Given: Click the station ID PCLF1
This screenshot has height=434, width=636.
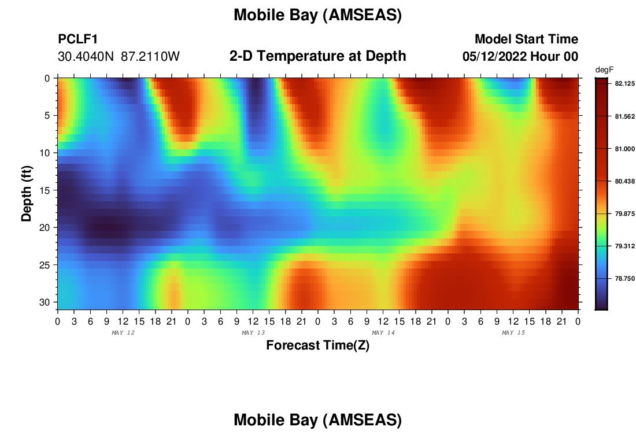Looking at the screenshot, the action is pos(78,39).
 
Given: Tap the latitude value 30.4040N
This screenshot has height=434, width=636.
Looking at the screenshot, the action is pos(86,56).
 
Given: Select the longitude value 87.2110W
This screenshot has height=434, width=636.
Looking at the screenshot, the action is pos(150,56).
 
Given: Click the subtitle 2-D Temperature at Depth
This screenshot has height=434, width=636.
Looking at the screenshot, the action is pos(317,56).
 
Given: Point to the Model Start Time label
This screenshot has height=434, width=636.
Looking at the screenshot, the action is pos(527,39).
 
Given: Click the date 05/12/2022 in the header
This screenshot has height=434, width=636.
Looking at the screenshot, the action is pos(494,56).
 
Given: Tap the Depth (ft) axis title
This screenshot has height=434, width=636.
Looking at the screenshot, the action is pos(26,193).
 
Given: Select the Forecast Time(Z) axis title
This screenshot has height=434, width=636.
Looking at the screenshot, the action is pos(317,345).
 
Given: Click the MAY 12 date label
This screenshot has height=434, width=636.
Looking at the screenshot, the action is pos(123,333).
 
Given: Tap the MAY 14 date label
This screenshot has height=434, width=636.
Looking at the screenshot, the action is pos(383,333).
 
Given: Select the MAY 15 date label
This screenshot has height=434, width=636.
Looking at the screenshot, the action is pos(513,333).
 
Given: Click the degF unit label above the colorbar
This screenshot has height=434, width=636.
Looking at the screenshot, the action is pos(604,70).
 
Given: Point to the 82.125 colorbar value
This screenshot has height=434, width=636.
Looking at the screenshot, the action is pos(624,83).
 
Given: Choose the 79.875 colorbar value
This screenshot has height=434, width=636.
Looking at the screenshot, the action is pos(624,214).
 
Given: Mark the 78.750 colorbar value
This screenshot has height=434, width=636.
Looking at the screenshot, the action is pos(624,278).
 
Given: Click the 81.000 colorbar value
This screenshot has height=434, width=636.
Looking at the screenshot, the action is pos(624,149).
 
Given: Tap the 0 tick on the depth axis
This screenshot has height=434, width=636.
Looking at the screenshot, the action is pos(47,78).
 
